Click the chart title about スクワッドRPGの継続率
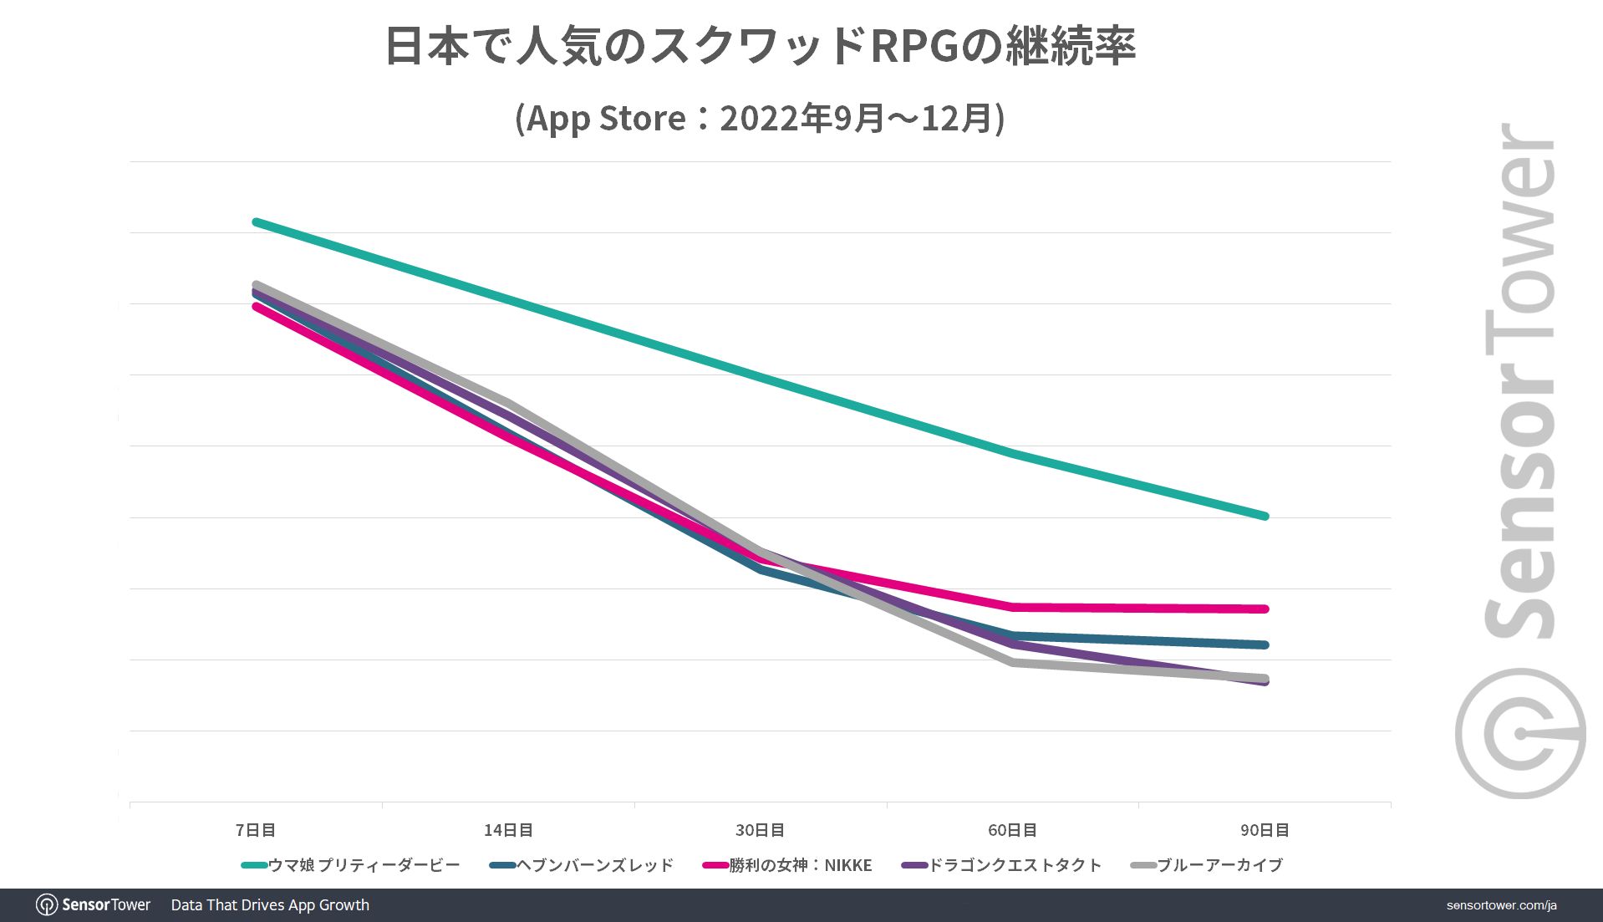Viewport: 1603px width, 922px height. tap(759, 46)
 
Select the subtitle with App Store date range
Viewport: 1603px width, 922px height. tap(759, 118)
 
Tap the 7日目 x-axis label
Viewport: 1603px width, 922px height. tap(256, 830)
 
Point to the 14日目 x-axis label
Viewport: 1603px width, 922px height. tap(508, 830)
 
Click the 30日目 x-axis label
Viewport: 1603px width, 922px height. tap(760, 830)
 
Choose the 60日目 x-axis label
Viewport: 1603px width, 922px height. tap(1012, 830)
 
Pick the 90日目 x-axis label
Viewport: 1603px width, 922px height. tap(1265, 830)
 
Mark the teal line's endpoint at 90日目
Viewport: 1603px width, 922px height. tap(1265, 516)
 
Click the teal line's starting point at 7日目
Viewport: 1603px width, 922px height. tap(256, 222)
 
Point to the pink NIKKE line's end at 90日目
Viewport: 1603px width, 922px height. tap(1265, 609)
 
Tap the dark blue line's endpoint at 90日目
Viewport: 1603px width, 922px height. tap(1265, 644)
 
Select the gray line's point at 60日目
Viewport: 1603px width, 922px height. tap(1013, 662)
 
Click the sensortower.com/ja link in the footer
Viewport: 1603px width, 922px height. tap(1501, 905)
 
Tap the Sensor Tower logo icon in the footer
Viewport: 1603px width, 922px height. tap(47, 905)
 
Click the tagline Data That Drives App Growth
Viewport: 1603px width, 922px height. tap(270, 905)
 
